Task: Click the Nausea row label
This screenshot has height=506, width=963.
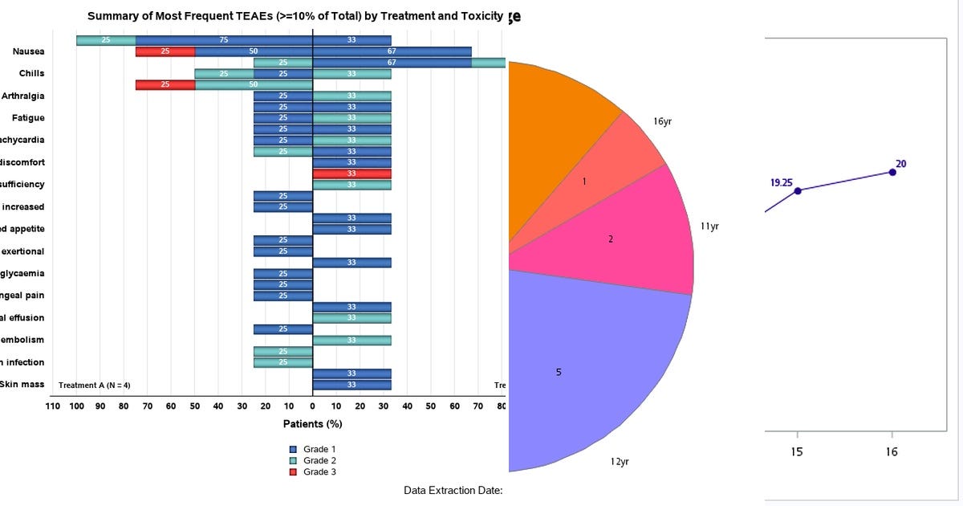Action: coord(28,51)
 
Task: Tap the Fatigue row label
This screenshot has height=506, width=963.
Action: coord(28,118)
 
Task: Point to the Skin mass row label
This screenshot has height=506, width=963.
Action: coord(22,385)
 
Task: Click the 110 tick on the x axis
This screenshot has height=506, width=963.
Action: coord(53,406)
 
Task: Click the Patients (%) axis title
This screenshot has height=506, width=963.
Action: coord(312,423)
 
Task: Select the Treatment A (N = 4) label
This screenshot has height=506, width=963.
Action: coord(95,386)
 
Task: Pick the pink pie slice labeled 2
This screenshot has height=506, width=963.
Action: coord(618,241)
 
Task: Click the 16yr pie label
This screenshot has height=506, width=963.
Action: coord(663,121)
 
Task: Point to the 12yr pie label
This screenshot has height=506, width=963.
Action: coord(619,462)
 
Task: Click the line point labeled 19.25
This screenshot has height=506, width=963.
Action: coord(797,190)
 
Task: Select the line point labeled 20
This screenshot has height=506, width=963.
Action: coord(892,172)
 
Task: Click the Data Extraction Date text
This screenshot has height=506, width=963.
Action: coord(453,490)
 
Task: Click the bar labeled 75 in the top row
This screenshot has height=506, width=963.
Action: coord(224,40)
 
